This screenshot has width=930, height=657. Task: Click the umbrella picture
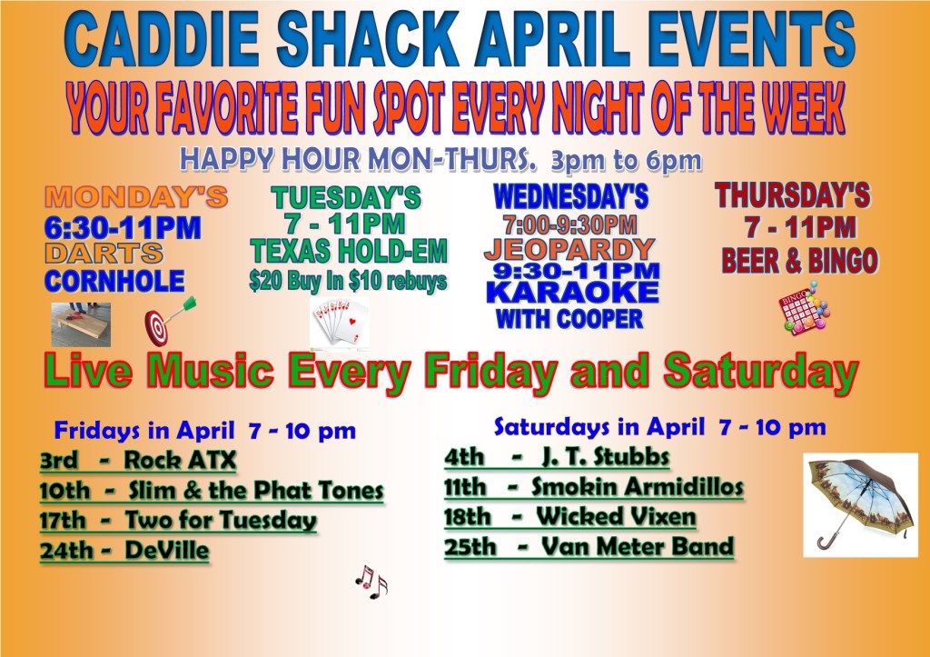pos(860,505)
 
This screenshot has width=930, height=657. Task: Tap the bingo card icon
pos(804,309)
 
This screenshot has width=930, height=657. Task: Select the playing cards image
pos(340,323)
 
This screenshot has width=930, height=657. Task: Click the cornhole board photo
pos(81,324)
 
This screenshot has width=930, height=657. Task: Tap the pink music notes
pos(371,582)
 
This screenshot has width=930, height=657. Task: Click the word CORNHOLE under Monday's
pos(114,281)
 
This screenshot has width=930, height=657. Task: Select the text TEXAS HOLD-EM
pos(348,251)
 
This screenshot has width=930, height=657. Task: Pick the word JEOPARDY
pos(569,249)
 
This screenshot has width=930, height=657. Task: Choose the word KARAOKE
pos(572,293)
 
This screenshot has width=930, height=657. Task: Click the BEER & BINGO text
pos(799,261)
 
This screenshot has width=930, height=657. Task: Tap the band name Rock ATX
pos(181,460)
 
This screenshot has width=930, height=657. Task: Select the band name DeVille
pos(167,550)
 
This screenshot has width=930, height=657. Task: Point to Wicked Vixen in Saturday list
pos(616,516)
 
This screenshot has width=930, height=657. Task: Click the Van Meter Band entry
pos(638,546)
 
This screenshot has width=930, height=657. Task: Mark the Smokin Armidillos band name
pos(637,487)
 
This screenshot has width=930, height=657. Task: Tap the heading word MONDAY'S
pos(136,197)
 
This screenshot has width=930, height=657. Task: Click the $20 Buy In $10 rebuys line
pos(348,281)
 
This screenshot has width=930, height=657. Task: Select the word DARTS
pos(104,254)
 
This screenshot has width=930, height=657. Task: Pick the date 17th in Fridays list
pos(63,521)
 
